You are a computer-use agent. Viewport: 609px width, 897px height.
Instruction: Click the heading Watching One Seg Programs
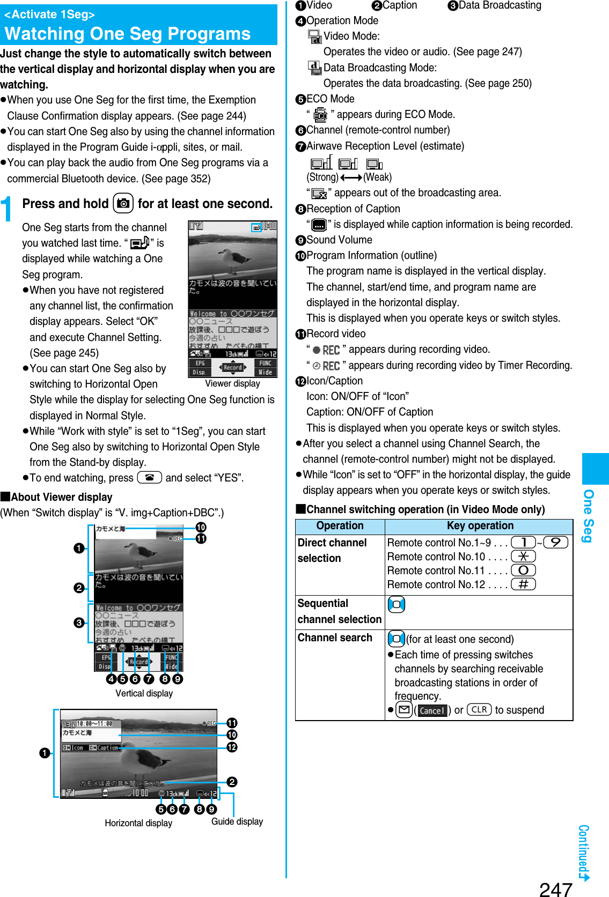[128, 34]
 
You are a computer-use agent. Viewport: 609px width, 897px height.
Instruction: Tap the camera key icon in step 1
[123, 204]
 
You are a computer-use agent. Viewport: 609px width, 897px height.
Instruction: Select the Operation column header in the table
[340, 526]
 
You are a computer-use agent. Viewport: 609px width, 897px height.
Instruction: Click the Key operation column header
[480, 526]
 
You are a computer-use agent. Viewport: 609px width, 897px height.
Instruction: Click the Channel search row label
[335, 637]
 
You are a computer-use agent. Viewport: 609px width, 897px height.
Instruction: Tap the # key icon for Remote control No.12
[523, 584]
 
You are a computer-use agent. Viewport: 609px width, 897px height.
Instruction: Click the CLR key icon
[479, 709]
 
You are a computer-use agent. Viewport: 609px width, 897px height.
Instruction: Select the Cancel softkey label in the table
[432, 710]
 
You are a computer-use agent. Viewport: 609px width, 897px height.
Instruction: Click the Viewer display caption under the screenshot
[232, 383]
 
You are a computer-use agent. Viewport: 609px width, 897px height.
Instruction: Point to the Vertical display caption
[144, 693]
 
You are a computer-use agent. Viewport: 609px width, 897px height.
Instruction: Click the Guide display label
[237, 821]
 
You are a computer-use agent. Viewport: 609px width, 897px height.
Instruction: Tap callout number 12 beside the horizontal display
[232, 747]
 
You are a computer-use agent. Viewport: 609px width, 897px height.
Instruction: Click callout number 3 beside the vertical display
[79, 622]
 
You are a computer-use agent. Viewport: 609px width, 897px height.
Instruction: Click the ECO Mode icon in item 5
[320, 115]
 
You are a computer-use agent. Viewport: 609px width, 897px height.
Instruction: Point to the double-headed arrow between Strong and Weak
[351, 177]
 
